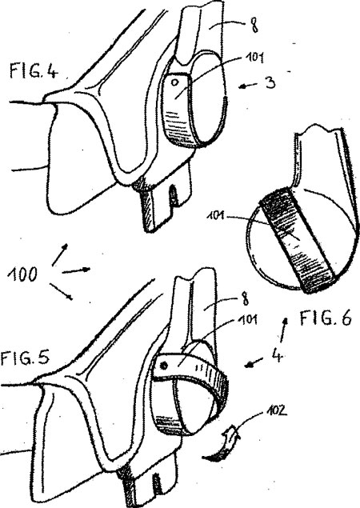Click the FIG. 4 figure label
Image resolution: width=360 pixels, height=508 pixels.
(x=34, y=70)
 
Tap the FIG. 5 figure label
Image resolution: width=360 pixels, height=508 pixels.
(x=25, y=358)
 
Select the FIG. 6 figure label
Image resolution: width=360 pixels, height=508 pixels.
(x=325, y=318)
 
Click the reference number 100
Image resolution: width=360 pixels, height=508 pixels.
(x=22, y=274)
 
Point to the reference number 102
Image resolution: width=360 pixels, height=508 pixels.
(x=276, y=411)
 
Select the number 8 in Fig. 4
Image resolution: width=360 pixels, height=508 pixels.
(x=254, y=24)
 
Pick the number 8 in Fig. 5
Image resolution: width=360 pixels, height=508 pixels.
(x=246, y=300)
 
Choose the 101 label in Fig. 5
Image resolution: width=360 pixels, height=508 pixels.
(x=248, y=319)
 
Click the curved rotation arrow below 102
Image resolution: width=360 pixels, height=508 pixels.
(x=222, y=445)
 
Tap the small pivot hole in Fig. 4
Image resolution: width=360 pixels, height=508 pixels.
(x=174, y=82)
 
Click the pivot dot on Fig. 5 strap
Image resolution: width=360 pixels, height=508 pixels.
(x=164, y=366)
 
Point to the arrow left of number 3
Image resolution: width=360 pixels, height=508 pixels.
(x=249, y=86)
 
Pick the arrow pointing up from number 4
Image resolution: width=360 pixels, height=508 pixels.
(x=283, y=330)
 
